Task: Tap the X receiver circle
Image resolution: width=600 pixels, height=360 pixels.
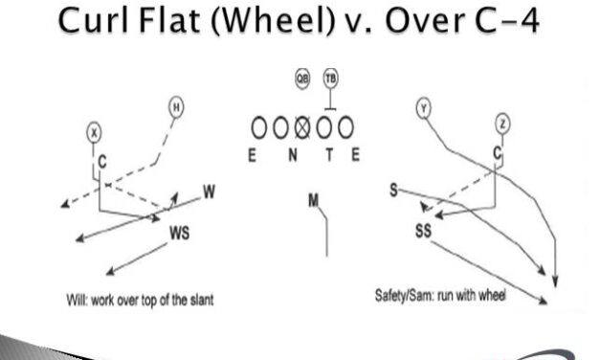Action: (x=94, y=133)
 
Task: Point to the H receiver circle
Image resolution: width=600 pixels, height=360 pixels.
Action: (x=176, y=107)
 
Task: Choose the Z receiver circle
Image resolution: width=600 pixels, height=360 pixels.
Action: (x=503, y=123)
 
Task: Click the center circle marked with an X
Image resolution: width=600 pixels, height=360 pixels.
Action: (x=302, y=126)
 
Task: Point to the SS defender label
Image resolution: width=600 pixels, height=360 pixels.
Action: (x=424, y=231)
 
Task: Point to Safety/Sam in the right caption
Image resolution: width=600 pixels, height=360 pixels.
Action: (x=406, y=296)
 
